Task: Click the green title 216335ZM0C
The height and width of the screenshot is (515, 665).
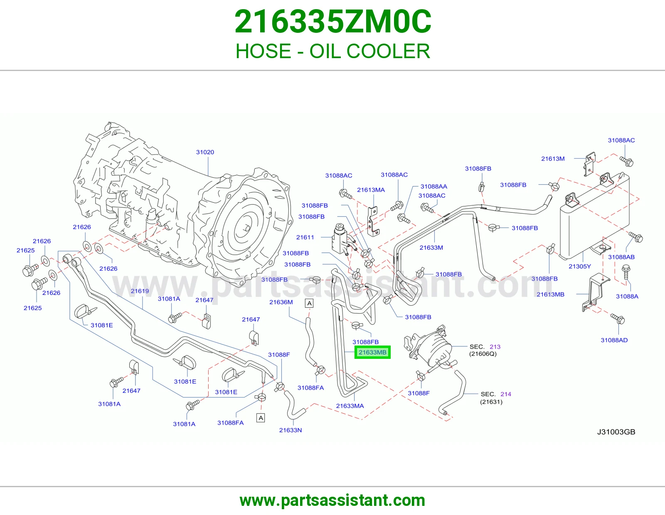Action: click(332, 22)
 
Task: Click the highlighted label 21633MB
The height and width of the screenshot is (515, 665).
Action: click(372, 352)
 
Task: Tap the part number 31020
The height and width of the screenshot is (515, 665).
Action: click(205, 152)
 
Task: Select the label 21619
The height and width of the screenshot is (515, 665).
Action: click(140, 291)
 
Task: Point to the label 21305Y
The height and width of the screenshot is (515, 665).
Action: click(580, 266)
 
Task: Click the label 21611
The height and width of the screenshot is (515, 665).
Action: click(305, 237)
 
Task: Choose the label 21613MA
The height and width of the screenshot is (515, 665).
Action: click(371, 190)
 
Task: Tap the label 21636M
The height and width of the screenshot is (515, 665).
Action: click(281, 302)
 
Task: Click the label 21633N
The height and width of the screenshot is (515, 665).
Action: click(291, 430)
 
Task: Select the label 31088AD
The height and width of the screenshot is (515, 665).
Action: click(614, 340)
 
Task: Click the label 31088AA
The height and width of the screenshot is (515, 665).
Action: click(433, 186)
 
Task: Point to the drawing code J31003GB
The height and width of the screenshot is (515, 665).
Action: click(616, 432)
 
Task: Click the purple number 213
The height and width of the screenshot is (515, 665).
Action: click(495, 347)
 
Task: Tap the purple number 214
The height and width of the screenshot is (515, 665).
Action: click(506, 394)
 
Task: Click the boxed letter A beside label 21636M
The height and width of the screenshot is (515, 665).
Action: click(309, 303)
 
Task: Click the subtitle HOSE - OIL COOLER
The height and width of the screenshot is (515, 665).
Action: click(332, 51)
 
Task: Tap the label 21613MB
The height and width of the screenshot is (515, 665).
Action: click(551, 294)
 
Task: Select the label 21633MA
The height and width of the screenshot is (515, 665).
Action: click(350, 406)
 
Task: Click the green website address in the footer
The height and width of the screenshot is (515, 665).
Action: click(332, 500)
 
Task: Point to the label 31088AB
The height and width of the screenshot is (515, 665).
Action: click(621, 257)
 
